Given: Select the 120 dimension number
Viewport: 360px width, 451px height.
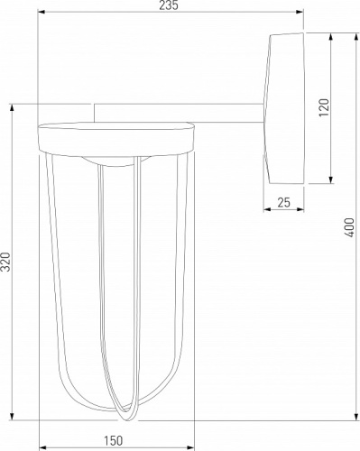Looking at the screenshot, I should tap(324, 107).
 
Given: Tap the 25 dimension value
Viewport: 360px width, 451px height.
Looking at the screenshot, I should tap(283, 203).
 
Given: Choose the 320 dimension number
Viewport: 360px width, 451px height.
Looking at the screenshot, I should tap(6, 262).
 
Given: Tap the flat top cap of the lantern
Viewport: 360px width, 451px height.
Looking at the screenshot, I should tap(117, 138).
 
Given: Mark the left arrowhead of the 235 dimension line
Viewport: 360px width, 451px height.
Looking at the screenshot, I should tap(41, 13).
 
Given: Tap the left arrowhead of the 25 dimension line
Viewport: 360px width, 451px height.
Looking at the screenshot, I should tap(266, 211).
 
